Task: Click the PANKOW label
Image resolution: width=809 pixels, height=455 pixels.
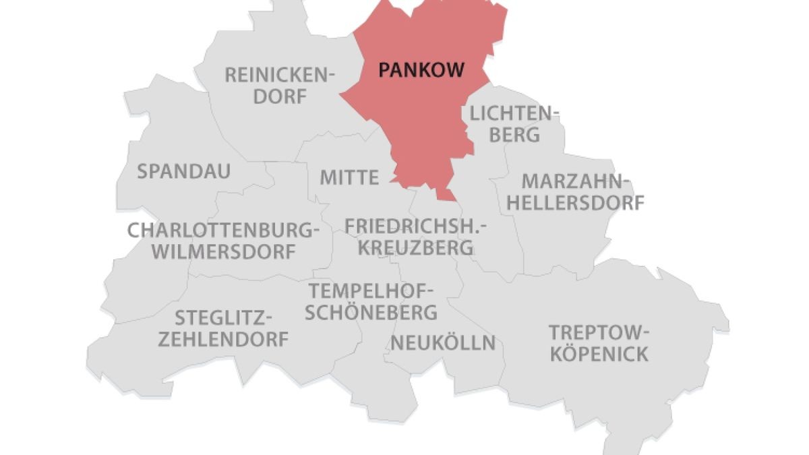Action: click(421, 69)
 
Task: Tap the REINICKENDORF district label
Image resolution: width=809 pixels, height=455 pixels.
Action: click(279, 85)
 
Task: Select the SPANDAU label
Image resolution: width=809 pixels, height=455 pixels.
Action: click(183, 171)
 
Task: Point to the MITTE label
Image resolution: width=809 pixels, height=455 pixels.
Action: click(349, 178)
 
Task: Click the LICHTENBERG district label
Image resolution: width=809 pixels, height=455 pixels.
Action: click(514, 123)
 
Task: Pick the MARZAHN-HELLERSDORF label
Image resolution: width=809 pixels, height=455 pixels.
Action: click(575, 191)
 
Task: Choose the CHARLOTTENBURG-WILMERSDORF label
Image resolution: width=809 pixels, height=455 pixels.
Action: click(223, 241)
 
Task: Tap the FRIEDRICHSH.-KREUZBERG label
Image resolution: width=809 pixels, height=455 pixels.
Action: click(415, 237)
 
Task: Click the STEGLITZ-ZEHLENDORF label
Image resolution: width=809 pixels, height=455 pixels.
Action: click(223, 328)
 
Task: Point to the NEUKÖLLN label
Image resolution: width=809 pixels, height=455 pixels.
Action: click(443, 343)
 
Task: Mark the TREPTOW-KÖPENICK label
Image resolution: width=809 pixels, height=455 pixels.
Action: click(599, 343)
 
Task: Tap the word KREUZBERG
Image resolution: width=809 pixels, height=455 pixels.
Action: click(415, 247)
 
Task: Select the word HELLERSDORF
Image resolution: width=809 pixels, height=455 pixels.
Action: click(575, 202)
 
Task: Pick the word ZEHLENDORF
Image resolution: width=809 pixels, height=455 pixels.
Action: click(223, 339)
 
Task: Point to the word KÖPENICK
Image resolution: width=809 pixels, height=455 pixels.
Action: click(599, 354)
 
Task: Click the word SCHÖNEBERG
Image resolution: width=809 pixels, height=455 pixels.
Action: click(371, 313)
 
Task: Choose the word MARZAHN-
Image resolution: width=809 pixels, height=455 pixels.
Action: click(575, 181)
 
